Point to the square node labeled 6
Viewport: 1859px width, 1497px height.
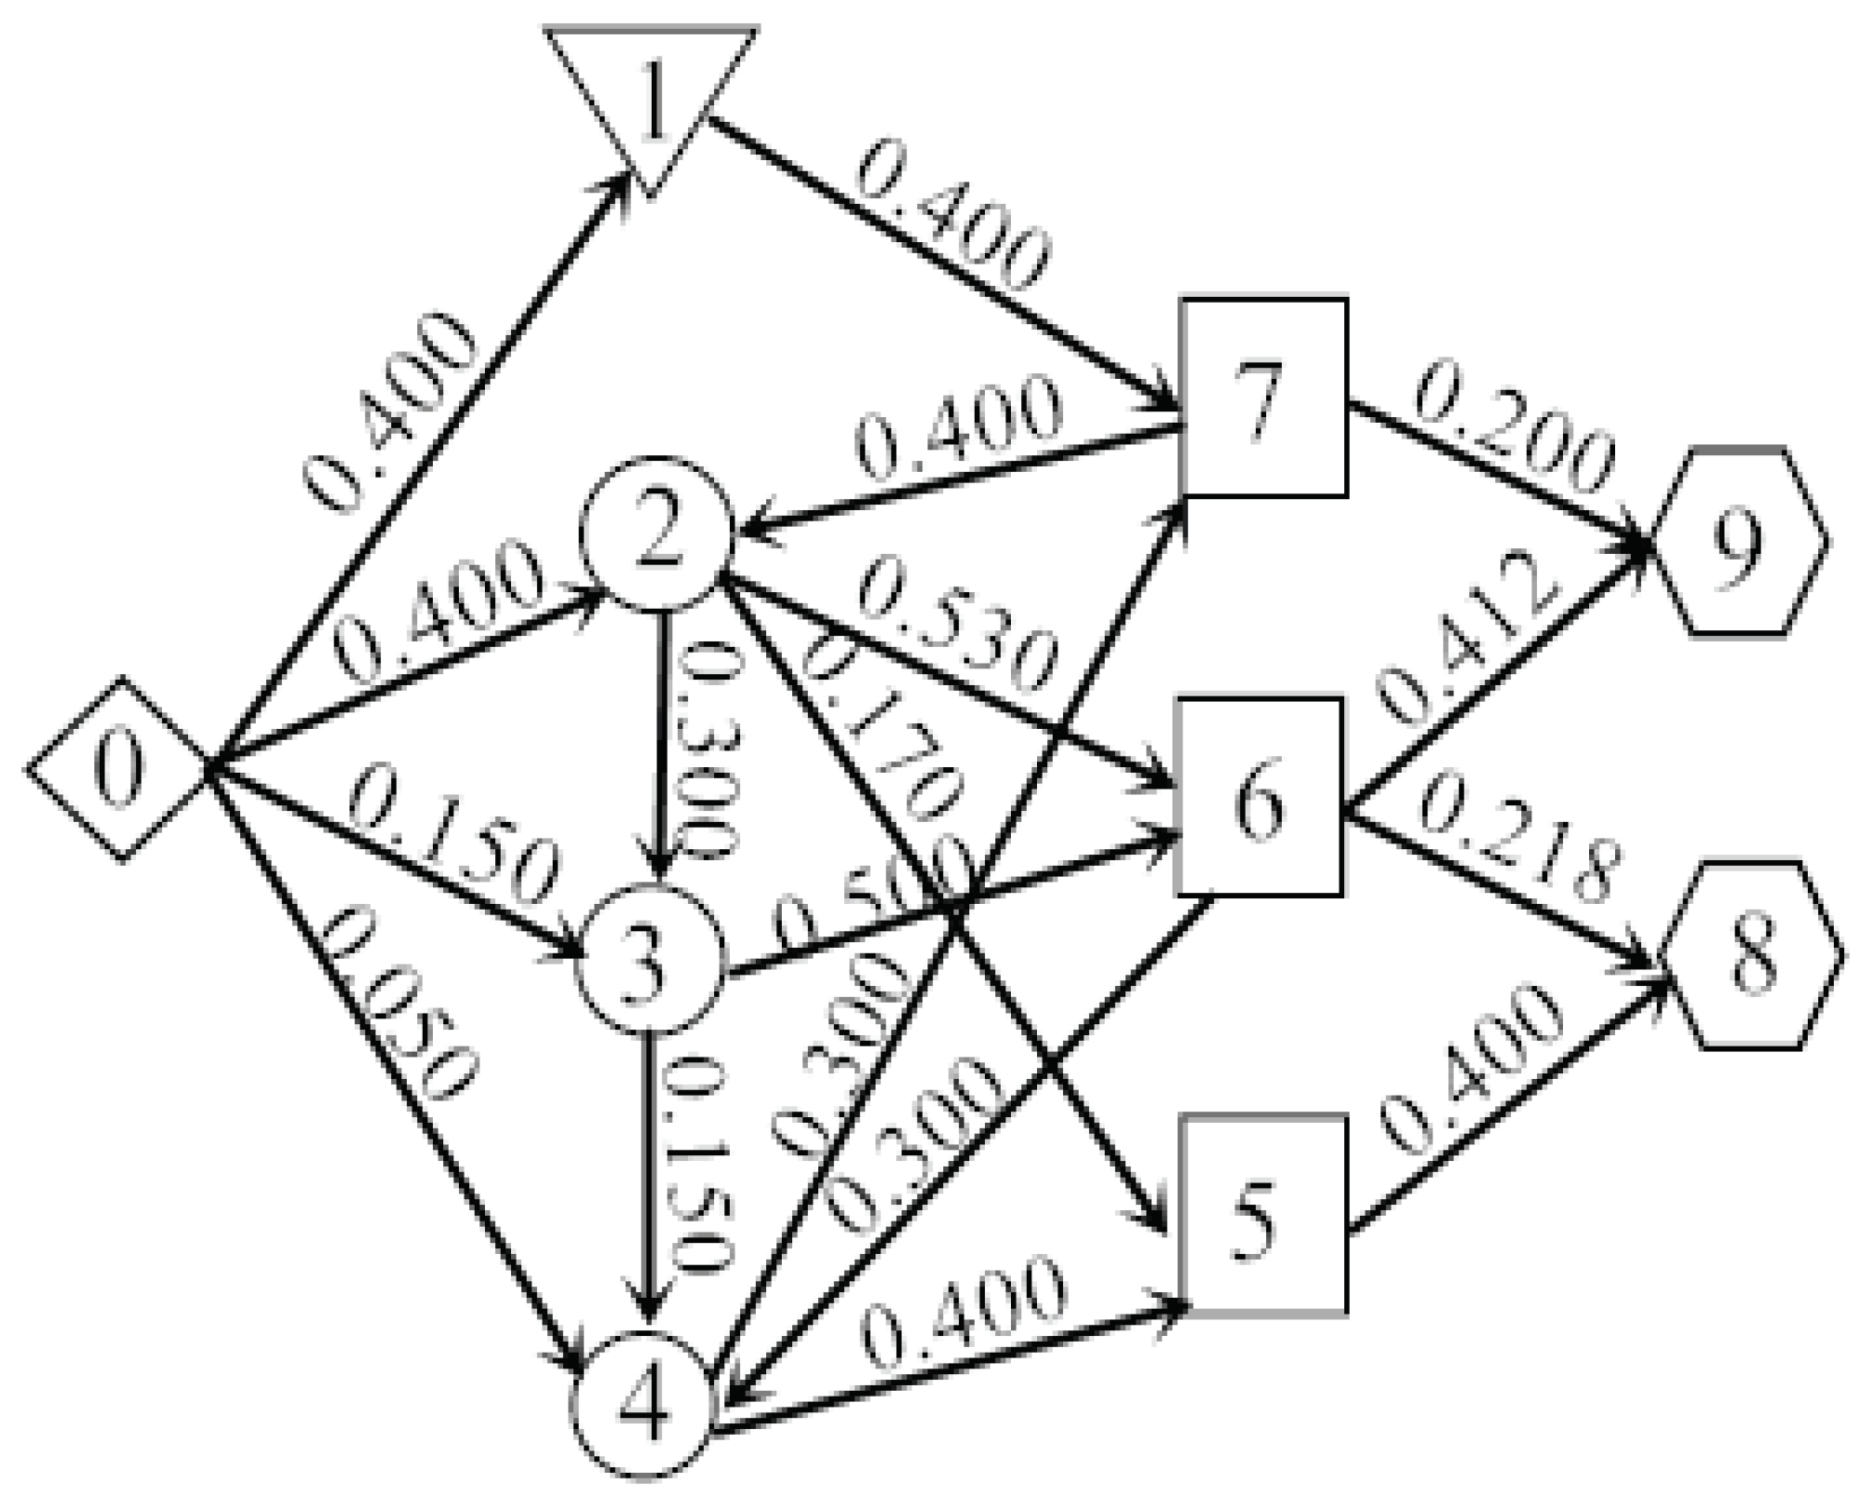[x=1260, y=797]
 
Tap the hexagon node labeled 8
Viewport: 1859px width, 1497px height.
[x=1750, y=955]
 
